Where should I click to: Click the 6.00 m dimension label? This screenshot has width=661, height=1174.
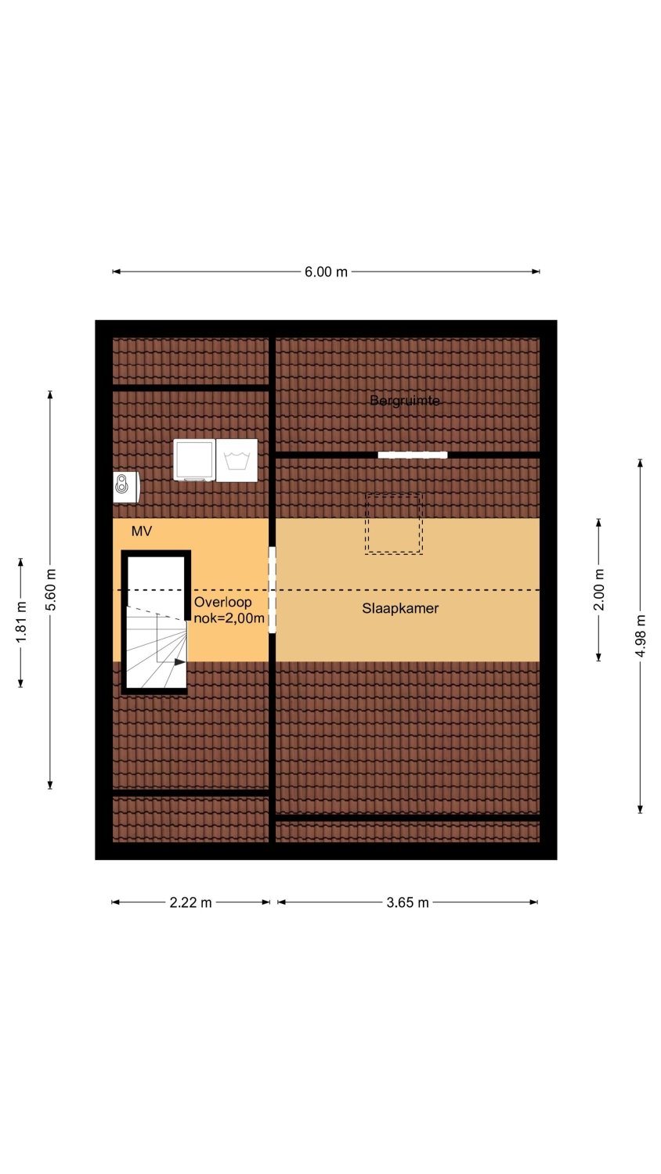point(326,272)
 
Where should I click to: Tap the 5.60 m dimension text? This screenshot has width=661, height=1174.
point(50,589)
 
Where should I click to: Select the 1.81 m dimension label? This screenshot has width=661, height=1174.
point(21,622)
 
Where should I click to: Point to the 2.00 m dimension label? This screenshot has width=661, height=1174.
point(599,589)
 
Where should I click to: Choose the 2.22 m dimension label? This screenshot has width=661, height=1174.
point(190,902)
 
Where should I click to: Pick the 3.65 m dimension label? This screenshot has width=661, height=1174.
point(407,902)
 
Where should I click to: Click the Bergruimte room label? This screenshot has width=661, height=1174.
point(404,401)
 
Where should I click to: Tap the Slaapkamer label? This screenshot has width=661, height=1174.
point(400,608)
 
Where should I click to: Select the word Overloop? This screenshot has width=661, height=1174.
point(223,602)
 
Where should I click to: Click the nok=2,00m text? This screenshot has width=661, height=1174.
point(229,618)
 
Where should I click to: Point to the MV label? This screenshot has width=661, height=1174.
point(142,531)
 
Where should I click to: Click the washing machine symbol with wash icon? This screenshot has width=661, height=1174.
point(237,460)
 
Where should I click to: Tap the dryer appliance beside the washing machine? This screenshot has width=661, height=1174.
point(195,459)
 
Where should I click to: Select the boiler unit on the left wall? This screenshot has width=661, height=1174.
point(126,488)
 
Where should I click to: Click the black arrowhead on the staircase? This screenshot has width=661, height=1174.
point(180,662)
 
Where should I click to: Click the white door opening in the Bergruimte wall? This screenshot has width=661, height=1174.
point(413,455)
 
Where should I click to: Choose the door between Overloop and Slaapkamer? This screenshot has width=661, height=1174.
point(273,589)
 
